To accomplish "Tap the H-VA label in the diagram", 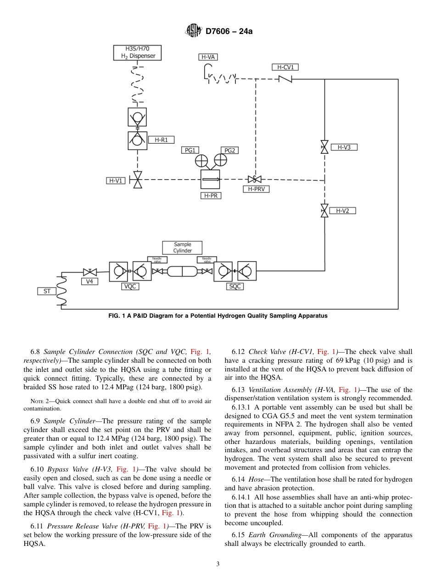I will (208, 57).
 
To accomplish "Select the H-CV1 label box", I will (285, 67).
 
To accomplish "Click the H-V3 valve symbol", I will (324, 147).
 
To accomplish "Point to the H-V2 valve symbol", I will (324, 211).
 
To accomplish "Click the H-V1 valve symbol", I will (137, 180).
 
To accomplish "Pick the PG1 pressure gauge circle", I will (201, 160).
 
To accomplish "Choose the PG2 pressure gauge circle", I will (220, 160).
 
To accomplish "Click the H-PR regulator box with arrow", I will (210, 179).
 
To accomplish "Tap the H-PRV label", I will (256, 189).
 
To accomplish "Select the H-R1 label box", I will (161, 140).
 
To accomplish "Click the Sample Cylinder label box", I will (182, 247).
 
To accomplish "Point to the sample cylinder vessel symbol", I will (182, 271).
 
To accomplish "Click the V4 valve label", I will (89, 281).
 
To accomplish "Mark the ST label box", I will (47, 291).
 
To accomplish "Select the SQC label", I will (235, 286).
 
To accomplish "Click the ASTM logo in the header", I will (193, 31).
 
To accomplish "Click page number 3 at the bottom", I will (218, 564).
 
